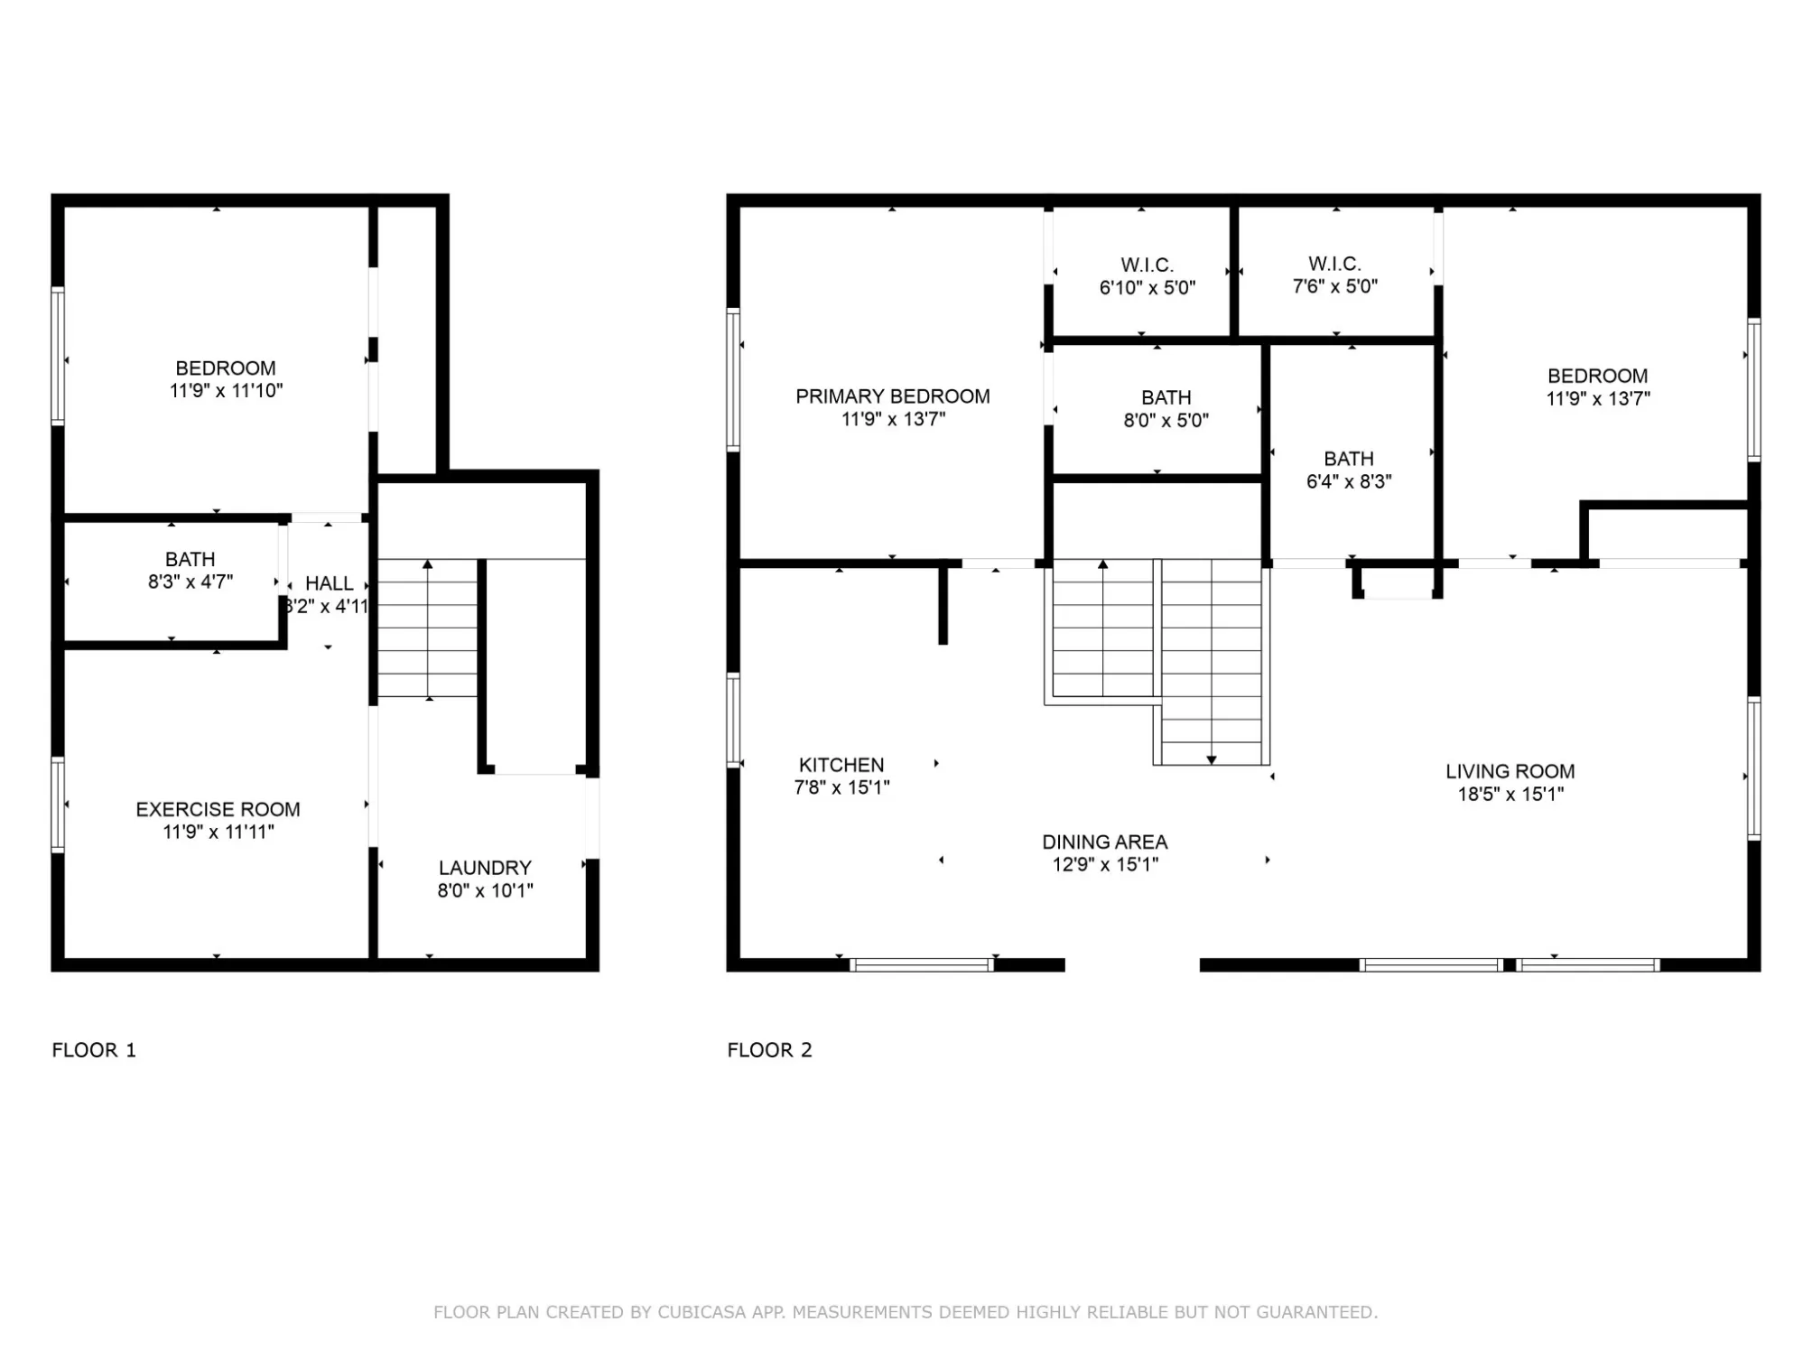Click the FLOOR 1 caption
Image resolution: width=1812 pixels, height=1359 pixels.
point(94,1050)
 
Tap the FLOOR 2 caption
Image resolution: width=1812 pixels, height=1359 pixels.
point(769,1050)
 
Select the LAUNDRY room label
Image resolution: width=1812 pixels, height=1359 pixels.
point(485,868)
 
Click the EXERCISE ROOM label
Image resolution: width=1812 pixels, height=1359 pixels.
point(218,809)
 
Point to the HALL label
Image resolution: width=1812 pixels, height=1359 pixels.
point(329,583)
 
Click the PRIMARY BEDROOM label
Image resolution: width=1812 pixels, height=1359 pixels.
point(892,396)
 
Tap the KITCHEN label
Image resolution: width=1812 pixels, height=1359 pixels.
point(841,765)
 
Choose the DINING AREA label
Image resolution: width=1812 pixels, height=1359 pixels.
point(1105,842)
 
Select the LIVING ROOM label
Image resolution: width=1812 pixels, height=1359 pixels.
point(1510,771)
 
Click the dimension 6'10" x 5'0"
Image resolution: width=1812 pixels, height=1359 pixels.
point(1147,288)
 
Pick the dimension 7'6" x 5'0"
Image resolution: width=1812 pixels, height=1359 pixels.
point(1334,286)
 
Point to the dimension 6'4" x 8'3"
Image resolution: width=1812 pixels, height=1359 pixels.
point(1349,481)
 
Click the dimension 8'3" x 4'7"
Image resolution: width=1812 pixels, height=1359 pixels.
point(190,582)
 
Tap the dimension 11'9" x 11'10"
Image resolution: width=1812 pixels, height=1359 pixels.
point(226,390)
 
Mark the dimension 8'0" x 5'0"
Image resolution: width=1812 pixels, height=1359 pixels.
point(1166,420)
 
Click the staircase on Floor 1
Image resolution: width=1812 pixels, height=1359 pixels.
point(427,628)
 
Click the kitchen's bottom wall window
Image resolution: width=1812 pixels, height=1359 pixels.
point(921,964)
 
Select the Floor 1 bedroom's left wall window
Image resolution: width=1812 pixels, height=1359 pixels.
point(58,355)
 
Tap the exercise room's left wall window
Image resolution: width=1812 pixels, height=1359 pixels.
point(58,805)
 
